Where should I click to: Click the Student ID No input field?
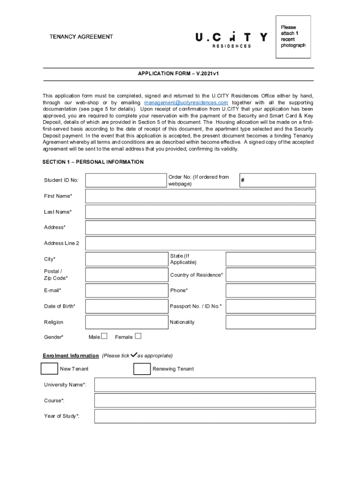coord(126,180)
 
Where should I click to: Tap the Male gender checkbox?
coord(104,336)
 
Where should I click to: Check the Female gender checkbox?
coord(138,336)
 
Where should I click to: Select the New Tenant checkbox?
coord(49,369)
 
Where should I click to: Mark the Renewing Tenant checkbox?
coord(142,369)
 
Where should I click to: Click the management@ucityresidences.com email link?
coord(186,102)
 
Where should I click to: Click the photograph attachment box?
coord(293,37)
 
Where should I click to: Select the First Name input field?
coord(200,196)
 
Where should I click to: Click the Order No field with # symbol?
coord(277,180)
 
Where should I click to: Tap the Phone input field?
coord(271,290)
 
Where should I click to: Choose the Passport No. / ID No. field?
coord(271,306)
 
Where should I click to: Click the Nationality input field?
coord(271,322)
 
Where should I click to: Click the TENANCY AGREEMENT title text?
coord(81,36)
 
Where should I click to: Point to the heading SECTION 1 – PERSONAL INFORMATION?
coord(93,162)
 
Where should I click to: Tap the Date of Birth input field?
coord(126,306)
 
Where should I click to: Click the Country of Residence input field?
coord(271,275)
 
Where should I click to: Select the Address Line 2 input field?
coord(200,243)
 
